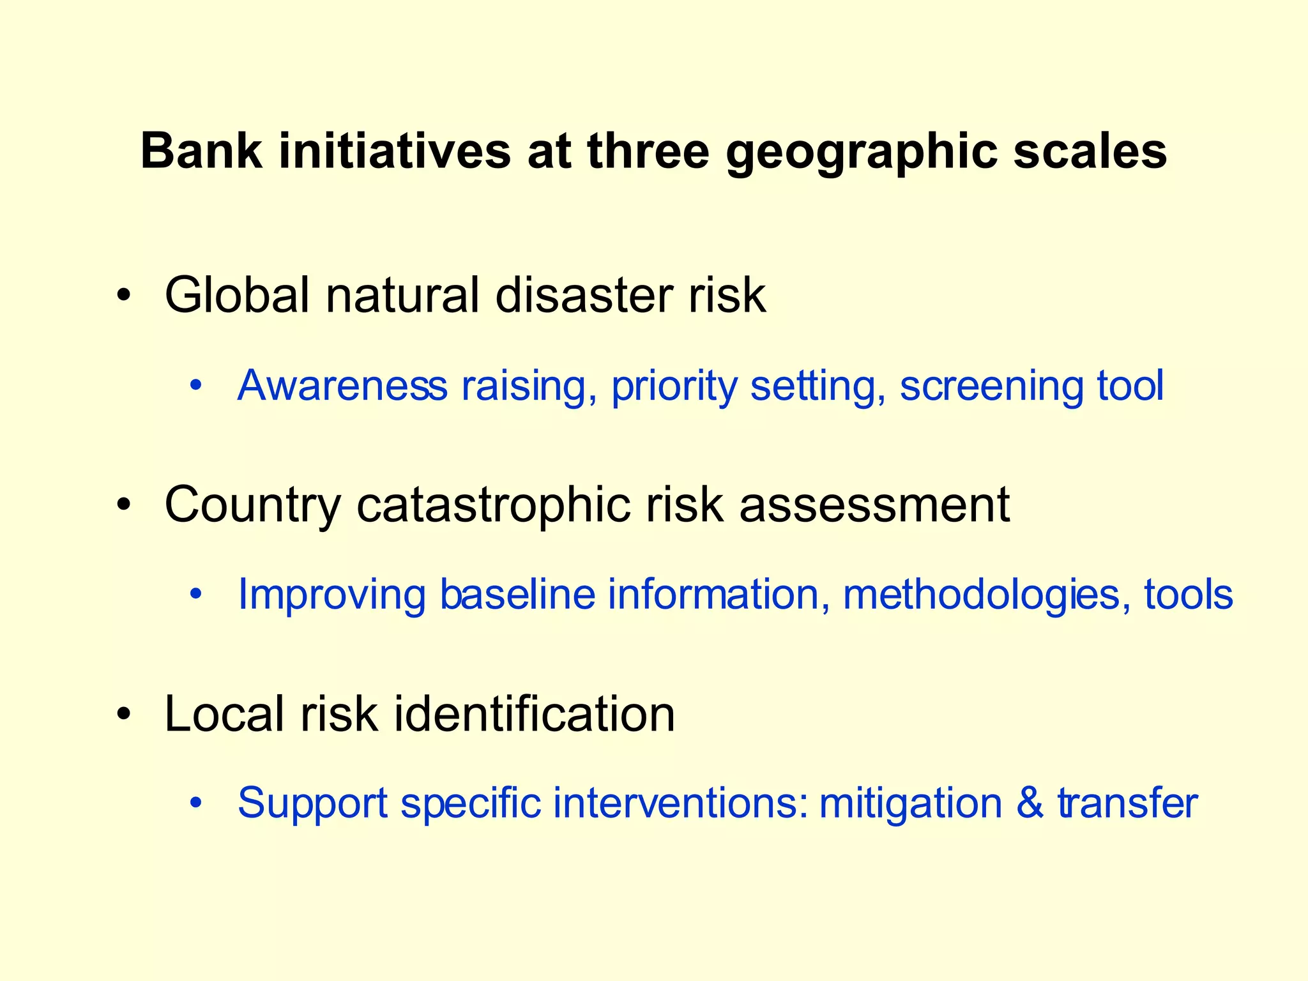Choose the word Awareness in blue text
coord(342,386)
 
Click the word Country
coord(253,505)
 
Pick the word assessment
coord(875,505)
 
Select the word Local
coord(224,713)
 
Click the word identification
coord(534,713)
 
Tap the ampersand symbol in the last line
coord(1030,802)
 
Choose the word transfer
coord(1128,802)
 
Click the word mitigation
coord(911,803)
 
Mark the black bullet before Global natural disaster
coord(124,296)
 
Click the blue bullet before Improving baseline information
coord(196,595)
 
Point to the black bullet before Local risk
coord(124,713)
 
